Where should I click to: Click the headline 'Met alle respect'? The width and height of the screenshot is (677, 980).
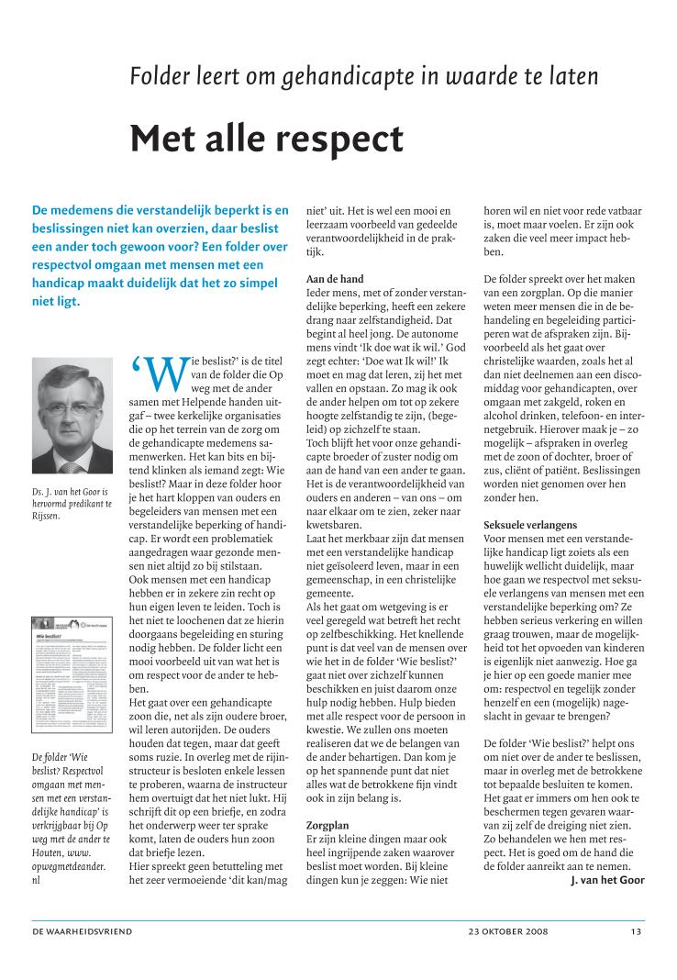(x=266, y=138)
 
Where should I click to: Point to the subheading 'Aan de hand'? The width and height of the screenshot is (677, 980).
(x=334, y=279)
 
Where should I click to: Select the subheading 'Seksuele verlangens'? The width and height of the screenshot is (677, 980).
(x=526, y=524)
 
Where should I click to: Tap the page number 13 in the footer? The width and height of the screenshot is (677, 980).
(x=636, y=932)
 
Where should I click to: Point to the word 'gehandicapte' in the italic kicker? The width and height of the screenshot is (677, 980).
(x=332, y=75)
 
